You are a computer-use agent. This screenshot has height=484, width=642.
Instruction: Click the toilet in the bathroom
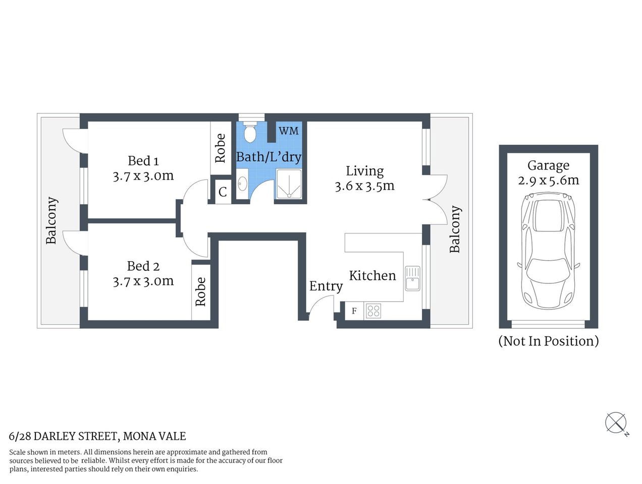click(249, 133)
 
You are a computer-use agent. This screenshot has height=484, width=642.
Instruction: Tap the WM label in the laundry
click(289, 131)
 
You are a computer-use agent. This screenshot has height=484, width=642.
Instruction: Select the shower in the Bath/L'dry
click(289, 185)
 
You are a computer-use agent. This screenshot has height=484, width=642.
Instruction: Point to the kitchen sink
click(412, 278)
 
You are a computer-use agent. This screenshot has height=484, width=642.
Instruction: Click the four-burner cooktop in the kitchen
click(373, 311)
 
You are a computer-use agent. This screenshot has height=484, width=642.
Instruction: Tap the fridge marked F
click(354, 311)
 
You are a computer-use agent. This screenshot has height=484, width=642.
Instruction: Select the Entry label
click(326, 286)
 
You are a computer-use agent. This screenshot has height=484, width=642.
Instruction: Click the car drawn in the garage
click(548, 252)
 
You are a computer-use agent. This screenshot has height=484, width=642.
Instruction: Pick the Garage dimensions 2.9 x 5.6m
click(548, 180)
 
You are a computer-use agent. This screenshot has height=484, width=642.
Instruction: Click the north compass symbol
click(616, 422)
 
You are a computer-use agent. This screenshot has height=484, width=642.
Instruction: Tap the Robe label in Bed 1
click(220, 148)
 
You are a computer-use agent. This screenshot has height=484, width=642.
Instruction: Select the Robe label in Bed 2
click(200, 291)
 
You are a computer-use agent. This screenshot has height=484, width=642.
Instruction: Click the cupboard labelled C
click(223, 192)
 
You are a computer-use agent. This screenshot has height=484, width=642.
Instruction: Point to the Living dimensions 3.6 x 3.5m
click(364, 186)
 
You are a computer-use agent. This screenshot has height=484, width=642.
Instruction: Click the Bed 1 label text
click(143, 161)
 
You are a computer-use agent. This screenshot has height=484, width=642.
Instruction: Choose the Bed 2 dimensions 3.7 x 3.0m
click(143, 281)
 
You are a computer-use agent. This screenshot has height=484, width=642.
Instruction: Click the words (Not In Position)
click(548, 341)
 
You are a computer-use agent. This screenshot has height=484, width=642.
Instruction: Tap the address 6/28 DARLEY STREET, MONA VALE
click(97, 436)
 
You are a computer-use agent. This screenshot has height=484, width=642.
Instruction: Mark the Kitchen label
click(372, 275)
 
